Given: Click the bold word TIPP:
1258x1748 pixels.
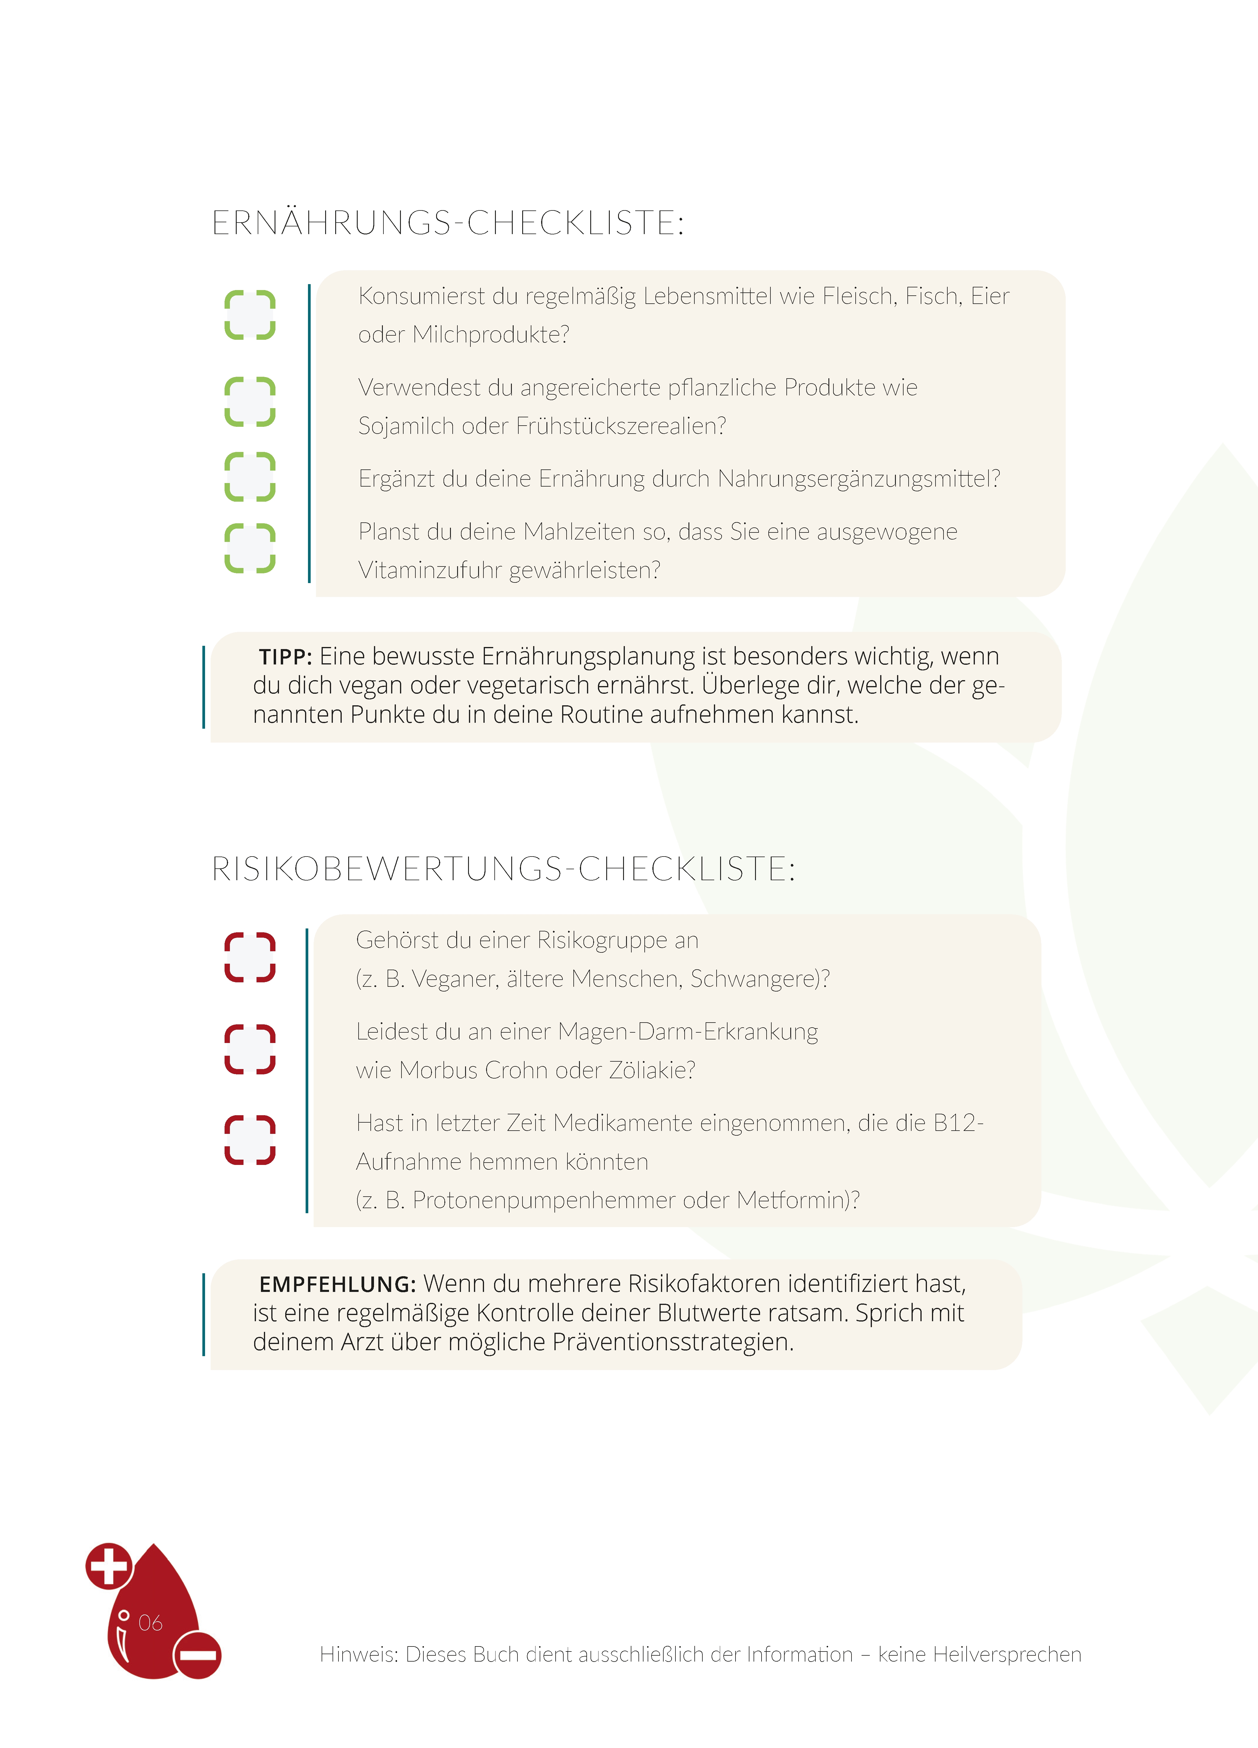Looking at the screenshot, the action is click(285, 657).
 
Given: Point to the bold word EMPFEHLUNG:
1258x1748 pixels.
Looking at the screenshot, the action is click(337, 1284).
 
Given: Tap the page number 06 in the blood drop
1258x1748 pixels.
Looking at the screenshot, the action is click(150, 1623).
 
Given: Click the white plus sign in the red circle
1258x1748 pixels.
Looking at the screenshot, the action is click(109, 1566).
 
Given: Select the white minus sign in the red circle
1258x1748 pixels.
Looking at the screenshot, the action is click(198, 1655).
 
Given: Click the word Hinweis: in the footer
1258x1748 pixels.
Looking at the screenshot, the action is click(359, 1654).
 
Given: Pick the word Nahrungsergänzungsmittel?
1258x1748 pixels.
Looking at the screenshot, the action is click(859, 479).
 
